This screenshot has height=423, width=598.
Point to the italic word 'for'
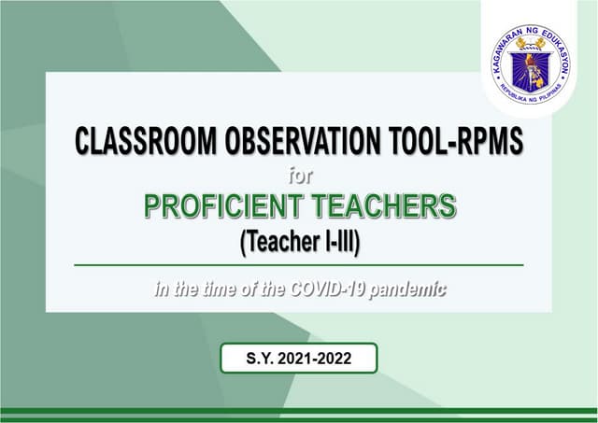(299, 173)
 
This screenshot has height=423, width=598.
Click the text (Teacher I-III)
(299, 241)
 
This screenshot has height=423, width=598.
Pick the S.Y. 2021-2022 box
(299, 359)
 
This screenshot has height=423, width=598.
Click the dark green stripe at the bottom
(299, 412)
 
